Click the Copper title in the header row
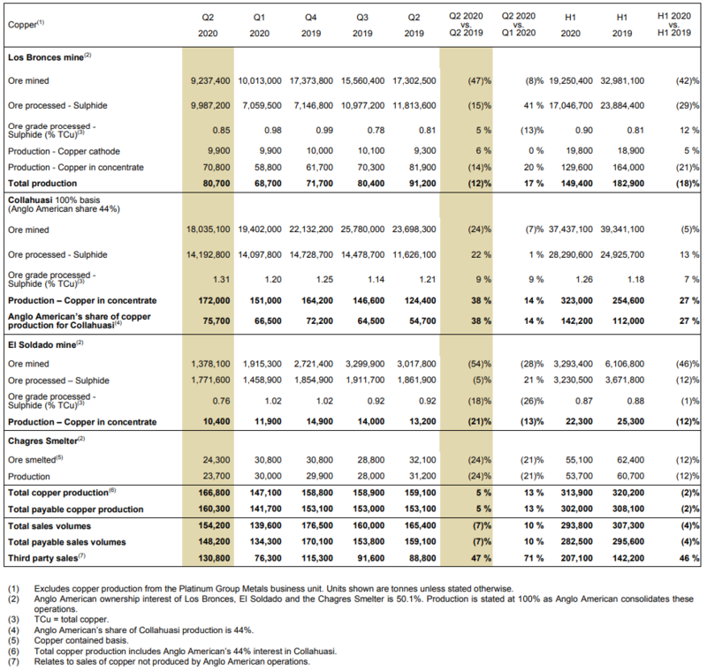(x=26, y=25)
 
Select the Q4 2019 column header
(x=311, y=26)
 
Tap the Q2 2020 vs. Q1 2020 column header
(x=519, y=25)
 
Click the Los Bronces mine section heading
(x=49, y=57)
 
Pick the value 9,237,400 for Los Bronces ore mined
(x=210, y=80)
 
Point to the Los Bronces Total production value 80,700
(x=217, y=184)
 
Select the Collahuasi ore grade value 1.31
(x=222, y=279)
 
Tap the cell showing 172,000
(x=214, y=300)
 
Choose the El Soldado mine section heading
(x=46, y=345)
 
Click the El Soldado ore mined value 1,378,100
(x=210, y=364)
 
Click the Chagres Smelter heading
(x=47, y=441)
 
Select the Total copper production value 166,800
(x=214, y=493)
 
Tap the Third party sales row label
(x=47, y=558)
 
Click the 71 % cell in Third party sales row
(x=534, y=558)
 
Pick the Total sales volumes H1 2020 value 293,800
(x=577, y=525)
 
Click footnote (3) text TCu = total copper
(x=72, y=620)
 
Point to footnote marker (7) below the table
(x=13, y=661)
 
